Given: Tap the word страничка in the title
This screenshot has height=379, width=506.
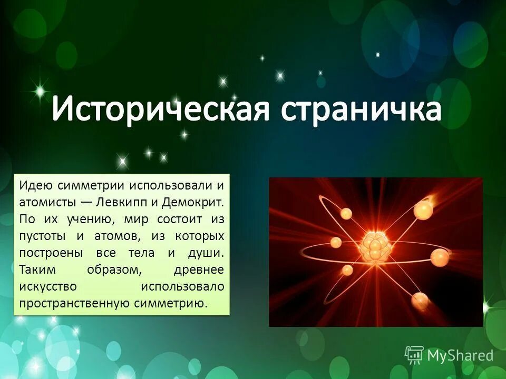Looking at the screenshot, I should tap(361, 110).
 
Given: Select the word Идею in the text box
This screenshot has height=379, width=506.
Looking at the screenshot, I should tap(35, 186).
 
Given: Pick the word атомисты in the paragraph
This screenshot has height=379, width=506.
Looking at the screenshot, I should tap(46, 203).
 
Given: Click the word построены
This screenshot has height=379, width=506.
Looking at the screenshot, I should tap(51, 253).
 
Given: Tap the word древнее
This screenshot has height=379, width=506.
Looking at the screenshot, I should tap(199, 270).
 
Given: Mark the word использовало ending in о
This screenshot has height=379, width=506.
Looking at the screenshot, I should tap(182, 287).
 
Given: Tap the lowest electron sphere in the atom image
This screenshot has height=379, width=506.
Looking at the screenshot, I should tap(420, 301).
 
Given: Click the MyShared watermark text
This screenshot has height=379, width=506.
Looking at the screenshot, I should tap(460, 355).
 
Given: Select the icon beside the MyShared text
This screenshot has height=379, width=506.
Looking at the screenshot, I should tap(414, 355).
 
